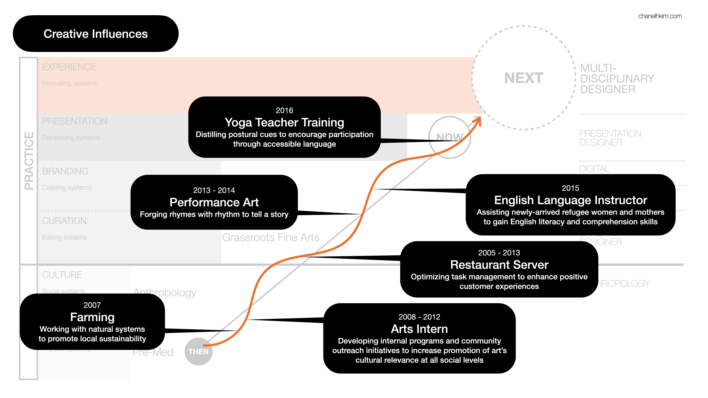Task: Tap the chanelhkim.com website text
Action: point(660,16)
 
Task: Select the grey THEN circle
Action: point(198,352)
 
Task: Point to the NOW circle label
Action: point(450,137)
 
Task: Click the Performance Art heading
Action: point(214,202)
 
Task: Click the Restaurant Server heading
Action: point(499,265)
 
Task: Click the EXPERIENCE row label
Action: point(69,67)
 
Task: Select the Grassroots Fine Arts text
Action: point(270,237)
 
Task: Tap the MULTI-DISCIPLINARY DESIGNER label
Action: point(617,79)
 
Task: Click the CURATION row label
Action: point(64,221)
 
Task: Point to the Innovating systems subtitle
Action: point(69,83)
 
